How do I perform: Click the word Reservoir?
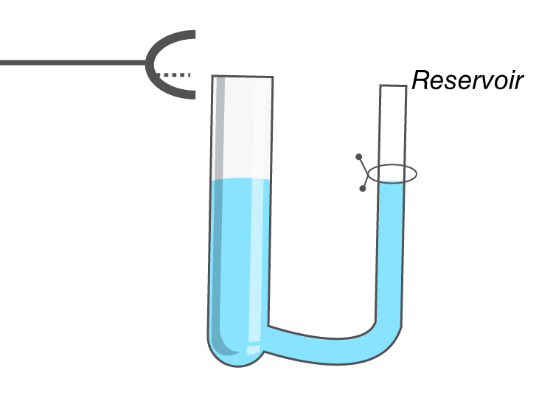(467, 80)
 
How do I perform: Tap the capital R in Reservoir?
(420, 80)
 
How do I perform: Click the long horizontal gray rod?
(73, 63)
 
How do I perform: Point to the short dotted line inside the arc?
(173, 74)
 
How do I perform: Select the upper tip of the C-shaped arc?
(195, 34)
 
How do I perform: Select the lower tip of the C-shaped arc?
(195, 95)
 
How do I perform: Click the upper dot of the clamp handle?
(358, 156)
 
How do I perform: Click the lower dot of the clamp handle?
(362, 189)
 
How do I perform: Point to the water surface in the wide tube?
(241, 180)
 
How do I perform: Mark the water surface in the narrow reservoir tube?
(391, 182)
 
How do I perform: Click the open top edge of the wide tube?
(243, 76)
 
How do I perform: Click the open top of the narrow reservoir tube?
(393, 86)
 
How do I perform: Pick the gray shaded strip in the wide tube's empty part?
(220, 127)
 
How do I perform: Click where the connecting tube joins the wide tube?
(267, 338)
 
